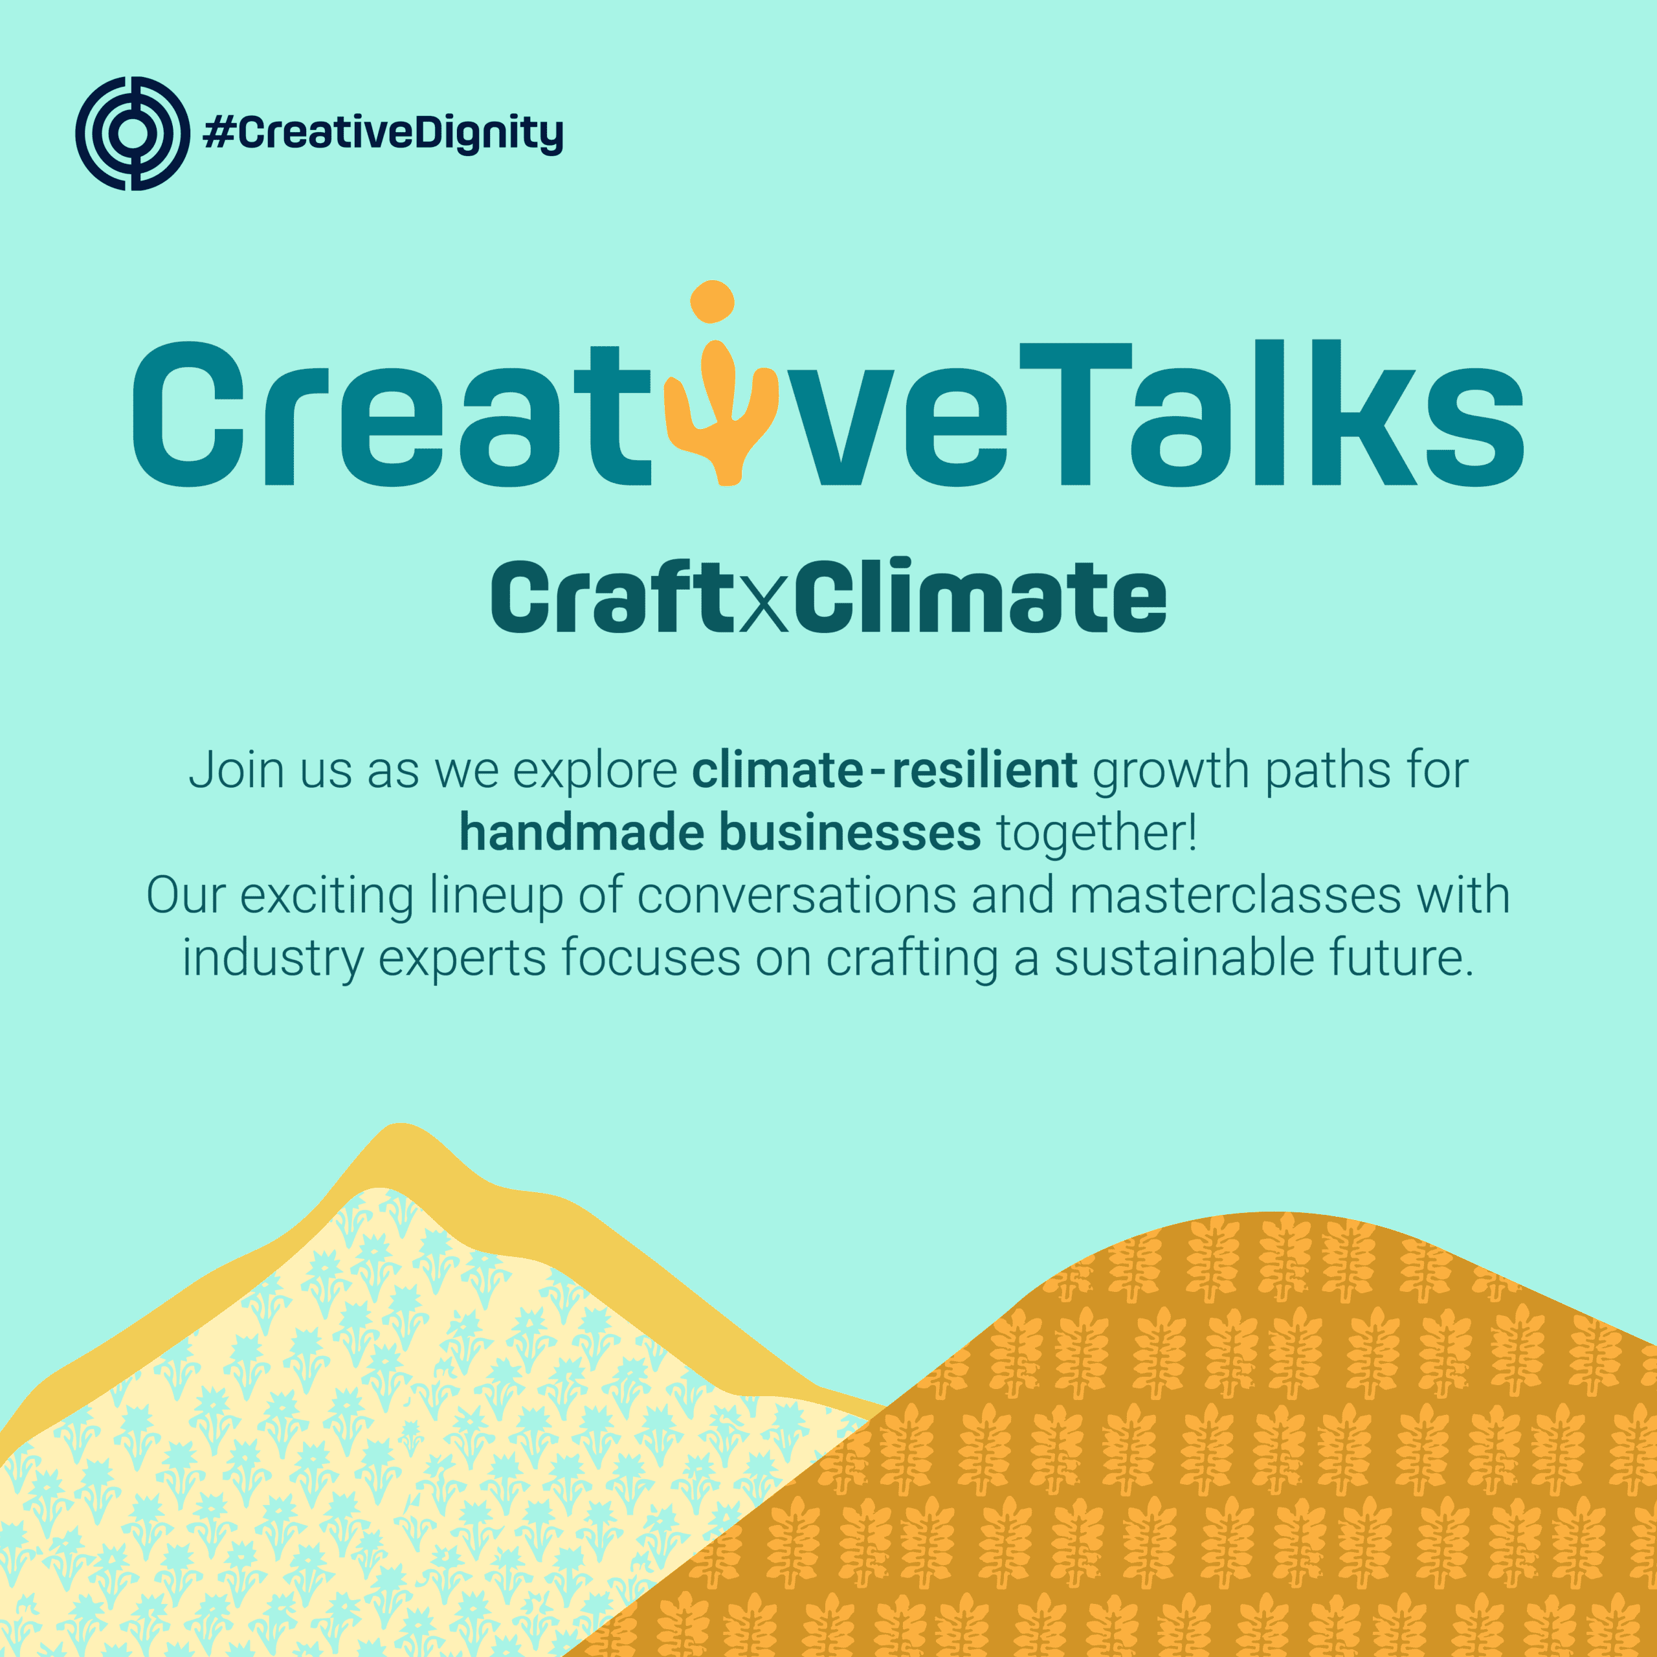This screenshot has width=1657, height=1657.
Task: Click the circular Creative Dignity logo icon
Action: [x=133, y=133]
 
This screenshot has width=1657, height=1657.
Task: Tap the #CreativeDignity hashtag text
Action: [x=383, y=134]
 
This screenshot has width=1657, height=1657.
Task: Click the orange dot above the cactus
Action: [x=712, y=301]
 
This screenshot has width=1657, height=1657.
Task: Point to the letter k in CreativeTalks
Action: [x=1364, y=412]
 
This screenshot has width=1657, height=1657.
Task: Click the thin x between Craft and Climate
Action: [x=762, y=608]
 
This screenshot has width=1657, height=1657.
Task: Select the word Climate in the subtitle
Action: [x=981, y=596]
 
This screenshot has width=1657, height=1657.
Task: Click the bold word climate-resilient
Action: [x=884, y=770]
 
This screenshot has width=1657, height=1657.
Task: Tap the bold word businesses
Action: [x=850, y=832]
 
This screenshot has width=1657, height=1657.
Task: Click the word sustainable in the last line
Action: [x=1184, y=958]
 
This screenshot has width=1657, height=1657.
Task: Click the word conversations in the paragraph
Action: [x=797, y=895]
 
